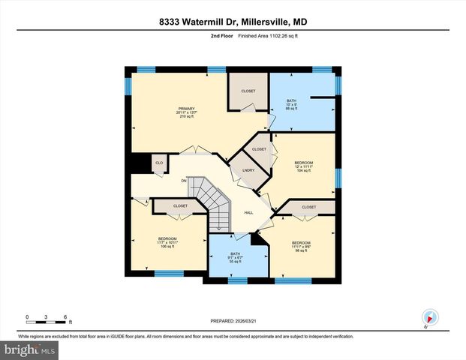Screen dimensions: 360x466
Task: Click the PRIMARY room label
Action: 187,109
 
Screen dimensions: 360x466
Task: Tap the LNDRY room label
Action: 248,169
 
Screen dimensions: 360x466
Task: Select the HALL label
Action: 247,212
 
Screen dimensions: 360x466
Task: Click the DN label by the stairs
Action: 184,180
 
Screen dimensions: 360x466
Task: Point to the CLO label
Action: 159,163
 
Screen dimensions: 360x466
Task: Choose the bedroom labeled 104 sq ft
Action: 303,167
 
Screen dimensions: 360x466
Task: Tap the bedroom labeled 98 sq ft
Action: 301,247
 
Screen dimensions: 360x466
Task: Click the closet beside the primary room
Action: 248,91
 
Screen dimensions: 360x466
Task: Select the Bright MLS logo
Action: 29,349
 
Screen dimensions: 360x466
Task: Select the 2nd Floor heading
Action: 221,36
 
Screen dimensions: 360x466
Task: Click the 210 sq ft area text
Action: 187,118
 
